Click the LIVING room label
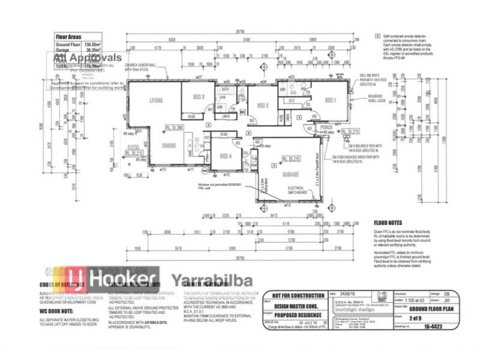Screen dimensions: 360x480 157,100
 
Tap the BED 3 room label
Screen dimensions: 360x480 199,97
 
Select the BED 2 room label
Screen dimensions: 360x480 262,106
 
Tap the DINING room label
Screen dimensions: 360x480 169,144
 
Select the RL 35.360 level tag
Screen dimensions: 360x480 173,127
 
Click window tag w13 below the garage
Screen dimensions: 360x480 287,205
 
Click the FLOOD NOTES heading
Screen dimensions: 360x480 387,221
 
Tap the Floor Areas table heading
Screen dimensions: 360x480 68,36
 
